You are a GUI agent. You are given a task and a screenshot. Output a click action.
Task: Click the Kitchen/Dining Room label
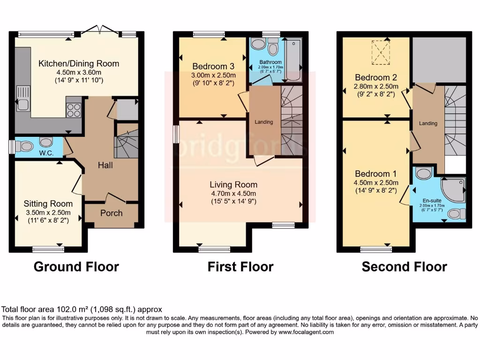[79, 64]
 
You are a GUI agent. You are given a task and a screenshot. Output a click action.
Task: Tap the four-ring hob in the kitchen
[74, 110]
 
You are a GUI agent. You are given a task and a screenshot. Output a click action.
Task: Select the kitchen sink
[22, 98]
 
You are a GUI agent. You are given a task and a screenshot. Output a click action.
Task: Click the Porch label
[112, 213]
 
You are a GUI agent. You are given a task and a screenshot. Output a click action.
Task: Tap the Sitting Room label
[48, 204]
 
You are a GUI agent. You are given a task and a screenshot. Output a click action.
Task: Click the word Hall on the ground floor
[105, 165]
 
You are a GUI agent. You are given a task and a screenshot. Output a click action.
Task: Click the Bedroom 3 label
[212, 66]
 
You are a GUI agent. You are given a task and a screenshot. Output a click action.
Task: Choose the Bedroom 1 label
[372, 174]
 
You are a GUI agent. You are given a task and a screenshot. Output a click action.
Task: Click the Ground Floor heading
[76, 267]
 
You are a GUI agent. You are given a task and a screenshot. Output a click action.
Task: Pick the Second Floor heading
[404, 267]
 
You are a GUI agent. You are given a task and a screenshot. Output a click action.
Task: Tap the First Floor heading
[240, 267]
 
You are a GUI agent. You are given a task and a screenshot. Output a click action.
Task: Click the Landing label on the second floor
[428, 124]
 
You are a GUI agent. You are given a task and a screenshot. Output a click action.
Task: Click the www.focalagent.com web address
[306, 332]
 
